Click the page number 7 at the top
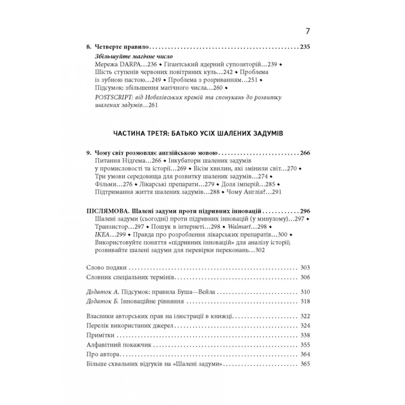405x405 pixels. [308, 31]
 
